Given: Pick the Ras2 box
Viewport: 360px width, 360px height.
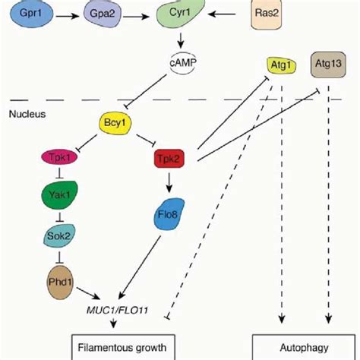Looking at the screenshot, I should pos(270,16).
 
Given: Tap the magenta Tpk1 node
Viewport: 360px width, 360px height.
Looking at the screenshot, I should pos(56,157).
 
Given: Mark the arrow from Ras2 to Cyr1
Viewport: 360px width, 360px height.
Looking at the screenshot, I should pos(228,15).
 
